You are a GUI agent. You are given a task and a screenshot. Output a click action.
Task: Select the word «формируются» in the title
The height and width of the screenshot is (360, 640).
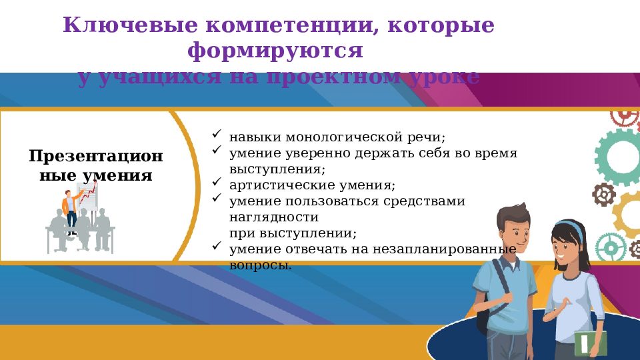(275, 51)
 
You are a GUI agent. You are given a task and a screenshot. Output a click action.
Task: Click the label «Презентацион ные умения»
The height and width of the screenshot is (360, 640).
(95, 166)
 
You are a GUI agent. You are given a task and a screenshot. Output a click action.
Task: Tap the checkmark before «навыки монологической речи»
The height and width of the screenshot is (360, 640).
(217, 135)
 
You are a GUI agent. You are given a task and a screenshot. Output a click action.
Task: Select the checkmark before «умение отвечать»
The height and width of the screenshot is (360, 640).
(217, 246)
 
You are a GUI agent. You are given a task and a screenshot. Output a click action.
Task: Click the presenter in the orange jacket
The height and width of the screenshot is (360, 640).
(69, 203)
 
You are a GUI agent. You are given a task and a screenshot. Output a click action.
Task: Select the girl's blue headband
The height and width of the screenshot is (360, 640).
(569, 226)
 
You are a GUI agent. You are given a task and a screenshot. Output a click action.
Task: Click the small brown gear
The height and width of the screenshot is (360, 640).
(604, 195)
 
